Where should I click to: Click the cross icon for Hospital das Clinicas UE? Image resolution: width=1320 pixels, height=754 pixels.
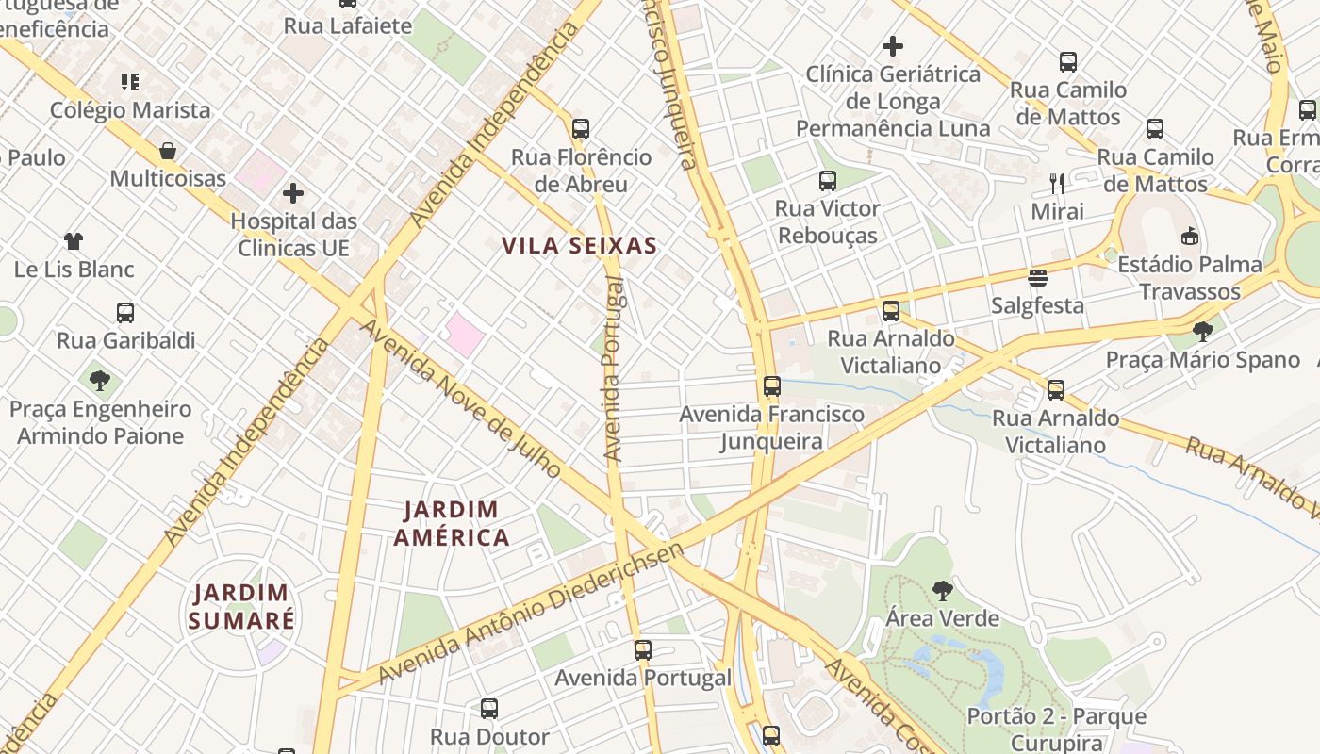coord(293,193)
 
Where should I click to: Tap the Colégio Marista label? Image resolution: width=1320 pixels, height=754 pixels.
coord(130,109)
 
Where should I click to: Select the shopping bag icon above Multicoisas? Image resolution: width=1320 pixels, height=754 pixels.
coord(168,151)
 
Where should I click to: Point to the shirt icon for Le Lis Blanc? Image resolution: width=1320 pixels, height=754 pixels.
coord(74,241)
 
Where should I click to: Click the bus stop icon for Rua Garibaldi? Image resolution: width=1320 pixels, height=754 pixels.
coord(125,312)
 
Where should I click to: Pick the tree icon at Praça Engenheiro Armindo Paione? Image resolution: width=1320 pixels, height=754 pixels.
coord(100,381)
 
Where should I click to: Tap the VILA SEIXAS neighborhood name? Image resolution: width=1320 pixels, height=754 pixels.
coord(579,246)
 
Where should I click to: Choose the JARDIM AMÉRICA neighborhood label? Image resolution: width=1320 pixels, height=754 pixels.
coord(452,524)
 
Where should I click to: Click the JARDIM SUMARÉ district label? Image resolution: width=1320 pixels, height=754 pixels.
coord(241,606)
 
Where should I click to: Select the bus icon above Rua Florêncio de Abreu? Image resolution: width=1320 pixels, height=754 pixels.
coord(581,129)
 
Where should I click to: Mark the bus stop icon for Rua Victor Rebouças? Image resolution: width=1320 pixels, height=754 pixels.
coord(828,180)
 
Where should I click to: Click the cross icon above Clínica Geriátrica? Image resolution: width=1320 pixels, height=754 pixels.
coord(893,45)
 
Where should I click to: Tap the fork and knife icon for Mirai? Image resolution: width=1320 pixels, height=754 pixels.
coord(1057,183)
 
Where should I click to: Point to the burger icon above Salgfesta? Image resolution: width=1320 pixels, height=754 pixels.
coord(1038,278)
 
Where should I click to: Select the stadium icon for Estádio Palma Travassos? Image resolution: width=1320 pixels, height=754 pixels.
coord(1190,236)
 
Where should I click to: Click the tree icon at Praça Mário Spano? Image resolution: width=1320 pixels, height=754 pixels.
coord(1202,331)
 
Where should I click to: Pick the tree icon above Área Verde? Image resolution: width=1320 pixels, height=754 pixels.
coord(942,591)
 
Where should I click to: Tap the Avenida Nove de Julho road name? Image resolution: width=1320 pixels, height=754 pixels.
coord(462,400)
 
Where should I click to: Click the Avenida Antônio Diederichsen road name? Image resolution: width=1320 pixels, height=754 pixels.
coord(531,614)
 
